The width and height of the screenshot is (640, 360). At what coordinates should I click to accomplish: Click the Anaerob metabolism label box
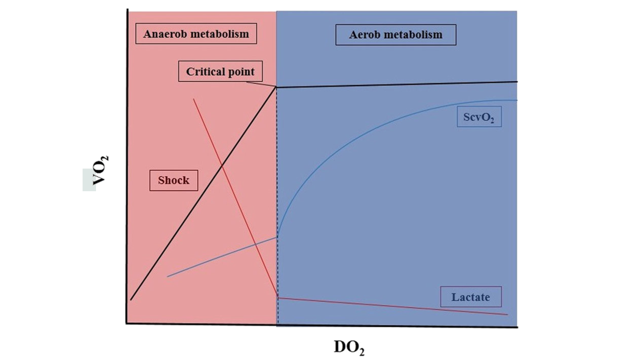click(196, 34)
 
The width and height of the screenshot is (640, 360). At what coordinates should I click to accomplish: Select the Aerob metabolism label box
click(396, 35)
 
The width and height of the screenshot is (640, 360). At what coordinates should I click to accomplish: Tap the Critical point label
click(220, 71)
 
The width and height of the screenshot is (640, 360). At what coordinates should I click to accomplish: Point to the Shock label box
click(174, 180)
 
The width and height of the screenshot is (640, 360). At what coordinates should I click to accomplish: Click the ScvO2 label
click(479, 117)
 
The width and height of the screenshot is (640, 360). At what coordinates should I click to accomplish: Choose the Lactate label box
click(471, 297)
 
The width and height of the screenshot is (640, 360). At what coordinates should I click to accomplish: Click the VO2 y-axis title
click(100, 170)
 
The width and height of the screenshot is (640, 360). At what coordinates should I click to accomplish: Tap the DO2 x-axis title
click(349, 347)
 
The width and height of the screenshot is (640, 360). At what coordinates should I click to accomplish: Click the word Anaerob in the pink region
click(163, 34)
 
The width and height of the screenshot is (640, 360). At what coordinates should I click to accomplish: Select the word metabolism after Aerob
click(416, 35)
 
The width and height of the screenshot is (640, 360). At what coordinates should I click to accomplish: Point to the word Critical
click(203, 72)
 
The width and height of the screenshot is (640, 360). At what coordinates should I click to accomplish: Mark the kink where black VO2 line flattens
click(276, 87)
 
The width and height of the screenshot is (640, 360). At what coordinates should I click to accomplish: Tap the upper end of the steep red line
click(194, 99)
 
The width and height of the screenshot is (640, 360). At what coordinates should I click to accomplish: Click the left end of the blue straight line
click(168, 276)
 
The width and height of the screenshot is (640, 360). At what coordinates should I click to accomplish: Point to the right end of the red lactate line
click(507, 314)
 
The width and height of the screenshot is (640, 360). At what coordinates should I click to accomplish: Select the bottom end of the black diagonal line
click(131, 299)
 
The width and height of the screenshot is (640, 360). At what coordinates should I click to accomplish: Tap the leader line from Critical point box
click(261, 84)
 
